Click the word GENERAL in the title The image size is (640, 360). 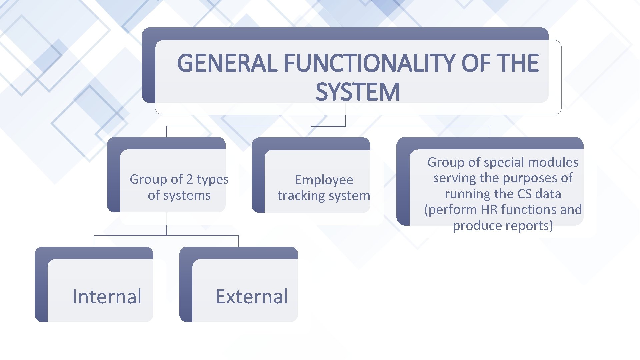pyautogui.click(x=227, y=63)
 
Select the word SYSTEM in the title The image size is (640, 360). pyautogui.click(x=358, y=92)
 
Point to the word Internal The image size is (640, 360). pyautogui.click(x=107, y=296)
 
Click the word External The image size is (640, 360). pyautogui.click(x=252, y=296)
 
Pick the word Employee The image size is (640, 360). pyautogui.click(x=324, y=180)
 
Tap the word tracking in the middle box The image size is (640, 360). pyautogui.click(x=299, y=196)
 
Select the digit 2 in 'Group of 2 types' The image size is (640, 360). pyautogui.click(x=189, y=179)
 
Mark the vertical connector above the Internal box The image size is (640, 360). pyautogui.click(x=94, y=241)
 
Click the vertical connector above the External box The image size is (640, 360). pyautogui.click(x=239, y=241)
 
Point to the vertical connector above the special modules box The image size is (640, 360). pyautogui.click(x=490, y=131)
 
